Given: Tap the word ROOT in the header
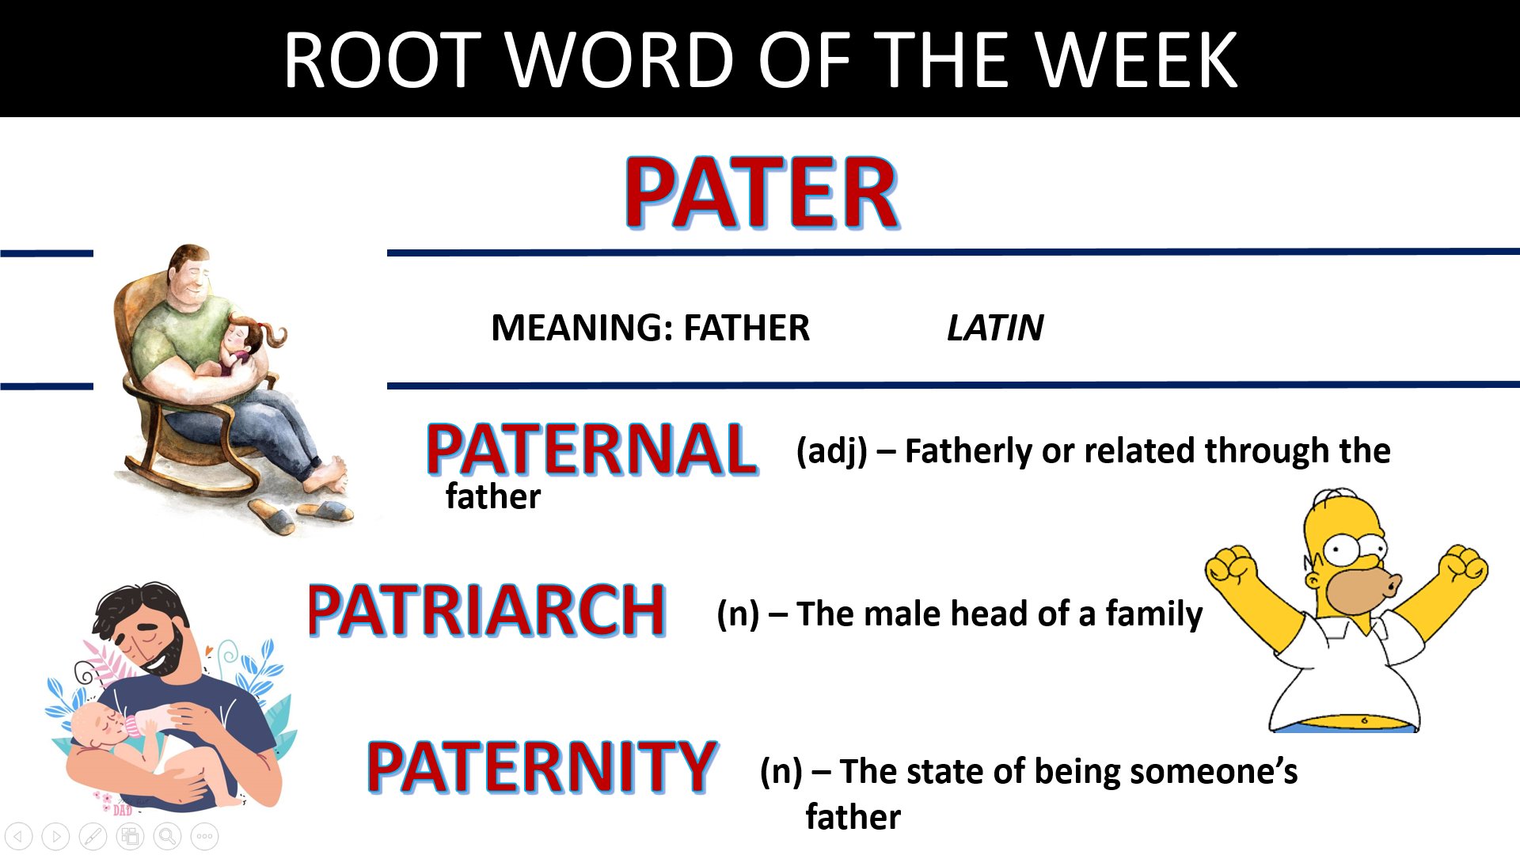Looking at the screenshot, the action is (383, 60).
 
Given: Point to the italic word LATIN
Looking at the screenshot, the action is (995, 328).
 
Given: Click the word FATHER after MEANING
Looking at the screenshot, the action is (747, 328).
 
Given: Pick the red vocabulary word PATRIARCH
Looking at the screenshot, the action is (486, 610).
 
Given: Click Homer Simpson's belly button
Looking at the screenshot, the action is (1364, 720).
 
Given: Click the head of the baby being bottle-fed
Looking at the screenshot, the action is (95, 724).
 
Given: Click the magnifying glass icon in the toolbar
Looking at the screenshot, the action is (167, 836).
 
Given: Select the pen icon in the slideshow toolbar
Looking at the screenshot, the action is (93, 836).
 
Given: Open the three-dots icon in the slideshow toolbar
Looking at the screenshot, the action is (204, 836).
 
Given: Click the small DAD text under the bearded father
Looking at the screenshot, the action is (123, 810).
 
